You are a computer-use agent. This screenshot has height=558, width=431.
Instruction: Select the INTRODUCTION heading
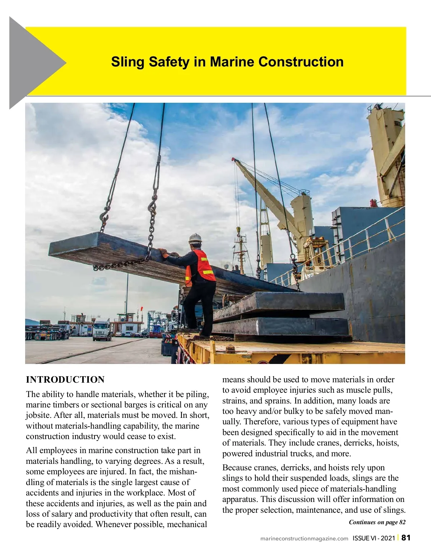point(65,379)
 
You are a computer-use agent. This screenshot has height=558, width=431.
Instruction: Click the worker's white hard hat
point(195,238)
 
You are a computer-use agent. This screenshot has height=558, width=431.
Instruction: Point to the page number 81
point(406,538)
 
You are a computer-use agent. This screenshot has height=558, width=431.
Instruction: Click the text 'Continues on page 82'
point(377,522)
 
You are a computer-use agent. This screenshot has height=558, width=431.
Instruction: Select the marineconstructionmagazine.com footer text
point(304,538)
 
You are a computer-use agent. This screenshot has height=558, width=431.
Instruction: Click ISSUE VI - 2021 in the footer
point(374,538)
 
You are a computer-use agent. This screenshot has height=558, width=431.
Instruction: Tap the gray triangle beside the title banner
point(32,63)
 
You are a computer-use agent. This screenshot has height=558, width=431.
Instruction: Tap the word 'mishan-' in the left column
point(183,471)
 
